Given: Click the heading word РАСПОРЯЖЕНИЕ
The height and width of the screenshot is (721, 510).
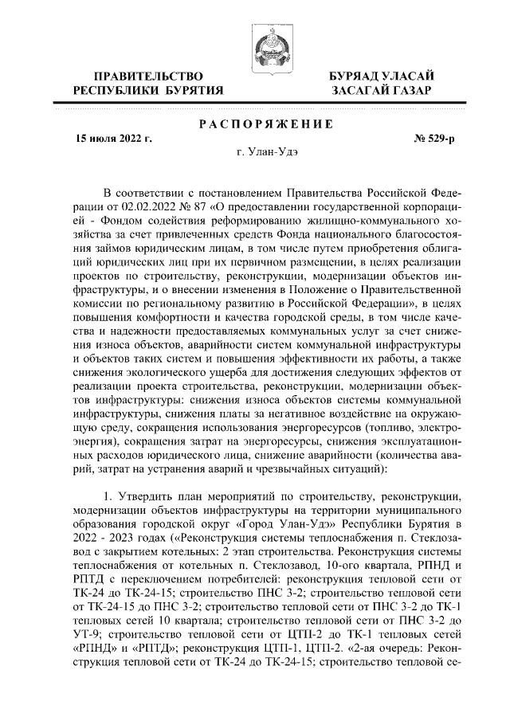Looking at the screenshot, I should [x=265, y=124].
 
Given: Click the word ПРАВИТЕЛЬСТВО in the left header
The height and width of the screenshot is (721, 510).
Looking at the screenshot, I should [x=147, y=76].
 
